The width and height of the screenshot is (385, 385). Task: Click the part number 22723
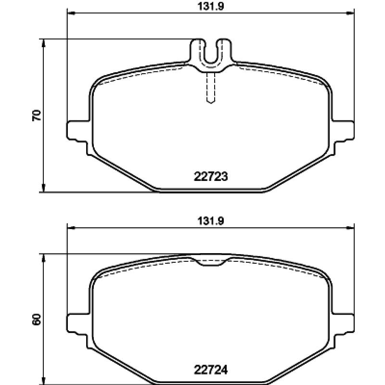coord(211,177)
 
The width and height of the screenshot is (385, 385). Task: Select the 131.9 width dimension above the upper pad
coord(211,6)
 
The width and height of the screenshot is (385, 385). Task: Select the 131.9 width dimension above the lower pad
coord(211,221)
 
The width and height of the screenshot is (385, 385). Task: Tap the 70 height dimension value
coord(37,115)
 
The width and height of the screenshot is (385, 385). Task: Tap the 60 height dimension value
coord(37,320)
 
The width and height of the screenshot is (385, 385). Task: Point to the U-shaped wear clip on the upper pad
coord(211,56)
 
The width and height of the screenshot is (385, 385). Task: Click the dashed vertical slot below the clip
coord(211,88)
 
